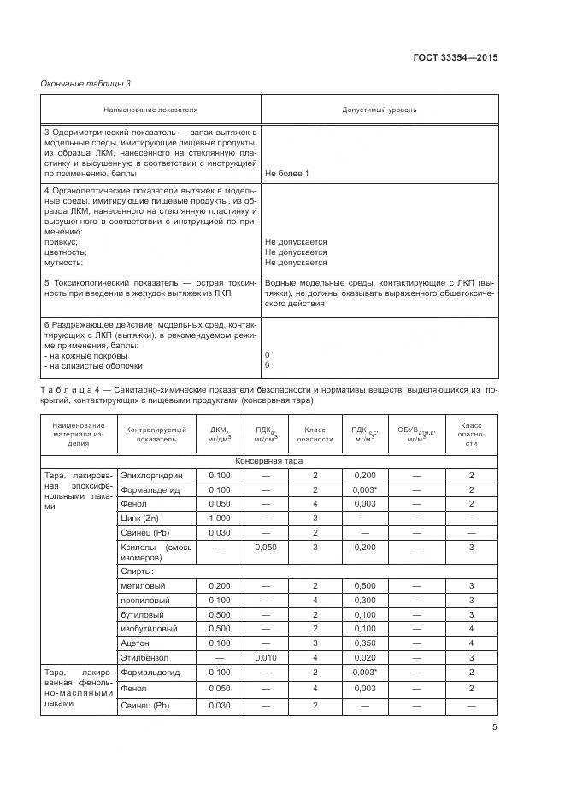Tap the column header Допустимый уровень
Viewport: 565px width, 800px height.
(x=380, y=110)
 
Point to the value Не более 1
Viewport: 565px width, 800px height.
(x=287, y=174)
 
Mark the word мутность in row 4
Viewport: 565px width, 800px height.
(x=62, y=263)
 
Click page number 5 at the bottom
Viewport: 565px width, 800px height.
(x=495, y=727)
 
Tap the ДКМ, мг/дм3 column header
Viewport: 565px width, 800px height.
(x=220, y=433)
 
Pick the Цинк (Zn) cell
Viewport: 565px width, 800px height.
(x=140, y=519)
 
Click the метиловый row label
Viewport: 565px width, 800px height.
(x=144, y=585)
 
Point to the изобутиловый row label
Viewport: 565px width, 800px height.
(x=149, y=628)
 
